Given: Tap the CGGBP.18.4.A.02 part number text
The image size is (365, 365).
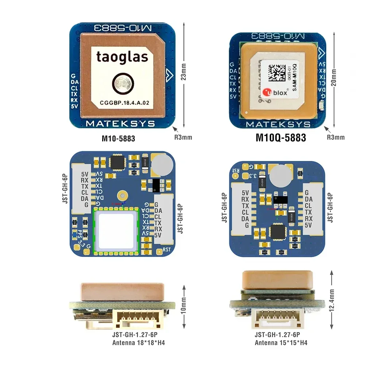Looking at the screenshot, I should pyautogui.click(x=124, y=103).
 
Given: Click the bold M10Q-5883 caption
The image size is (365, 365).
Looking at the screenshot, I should pyautogui.click(x=281, y=138).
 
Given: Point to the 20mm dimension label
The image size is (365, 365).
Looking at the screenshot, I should pyautogui.click(x=333, y=79).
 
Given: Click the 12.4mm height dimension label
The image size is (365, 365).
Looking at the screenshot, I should pyautogui.click(x=332, y=300).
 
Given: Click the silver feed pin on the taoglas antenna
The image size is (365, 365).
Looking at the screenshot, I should pyautogui.click(x=121, y=84).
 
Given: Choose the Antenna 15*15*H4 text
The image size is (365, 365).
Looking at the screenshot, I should pyautogui.click(x=281, y=342).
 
